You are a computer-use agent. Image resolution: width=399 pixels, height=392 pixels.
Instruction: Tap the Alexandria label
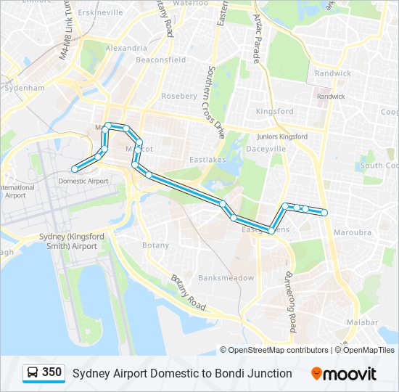[x=121, y=47]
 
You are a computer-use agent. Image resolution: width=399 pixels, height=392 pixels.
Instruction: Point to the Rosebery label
[x=179, y=96]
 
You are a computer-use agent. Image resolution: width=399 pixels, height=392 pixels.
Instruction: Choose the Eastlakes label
[x=208, y=159]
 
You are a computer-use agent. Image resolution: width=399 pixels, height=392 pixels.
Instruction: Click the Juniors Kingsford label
[x=283, y=136]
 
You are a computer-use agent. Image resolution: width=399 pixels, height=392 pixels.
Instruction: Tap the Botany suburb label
[x=155, y=245]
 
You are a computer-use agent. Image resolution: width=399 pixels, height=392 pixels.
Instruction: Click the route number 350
[x=52, y=372]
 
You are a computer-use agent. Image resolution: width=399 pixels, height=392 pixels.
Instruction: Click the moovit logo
[x=344, y=374]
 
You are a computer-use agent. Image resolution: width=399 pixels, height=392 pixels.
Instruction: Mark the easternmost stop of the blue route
[x=324, y=212]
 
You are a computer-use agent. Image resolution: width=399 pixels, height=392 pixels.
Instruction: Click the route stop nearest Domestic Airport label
[x=74, y=169]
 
